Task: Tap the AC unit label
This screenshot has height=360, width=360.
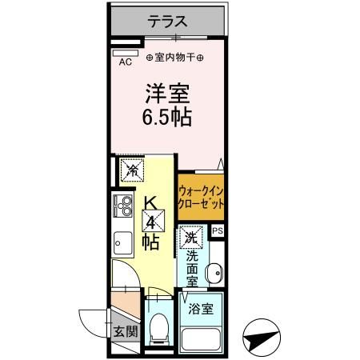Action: point(126,61)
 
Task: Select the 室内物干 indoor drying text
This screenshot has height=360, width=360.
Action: point(175,58)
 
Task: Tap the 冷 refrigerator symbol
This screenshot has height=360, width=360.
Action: point(132,170)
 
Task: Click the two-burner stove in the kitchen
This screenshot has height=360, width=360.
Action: point(124,207)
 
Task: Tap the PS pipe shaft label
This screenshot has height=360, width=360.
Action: point(217,232)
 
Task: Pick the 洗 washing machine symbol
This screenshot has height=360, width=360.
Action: point(190,237)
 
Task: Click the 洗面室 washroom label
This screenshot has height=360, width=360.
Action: point(192,270)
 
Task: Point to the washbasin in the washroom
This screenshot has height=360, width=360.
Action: point(214,274)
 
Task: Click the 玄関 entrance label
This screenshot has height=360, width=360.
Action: point(125,331)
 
